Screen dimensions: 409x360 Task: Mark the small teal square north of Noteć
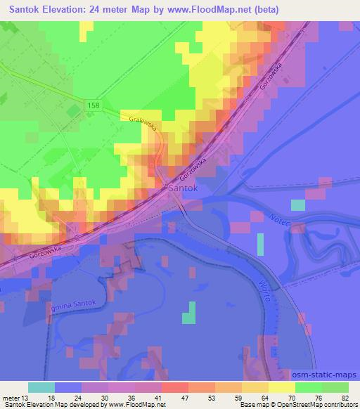(x=298, y=204)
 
